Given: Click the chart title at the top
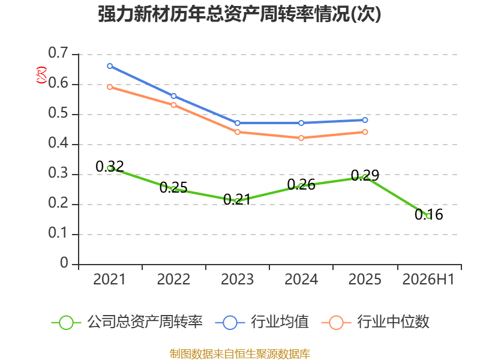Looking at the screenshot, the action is click(x=239, y=14).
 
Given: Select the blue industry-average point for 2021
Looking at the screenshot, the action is click(x=110, y=66).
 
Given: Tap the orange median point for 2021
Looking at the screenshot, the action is click(x=110, y=87).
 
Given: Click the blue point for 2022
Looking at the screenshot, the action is click(x=173, y=96).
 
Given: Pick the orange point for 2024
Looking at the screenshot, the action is click(x=301, y=138).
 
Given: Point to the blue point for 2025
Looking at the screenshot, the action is click(x=365, y=120).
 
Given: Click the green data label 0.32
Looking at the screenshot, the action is click(x=110, y=167).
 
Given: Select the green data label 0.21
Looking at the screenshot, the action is click(x=237, y=200).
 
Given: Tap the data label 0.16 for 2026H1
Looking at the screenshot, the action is click(x=429, y=214).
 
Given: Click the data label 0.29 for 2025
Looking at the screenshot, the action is click(x=365, y=175).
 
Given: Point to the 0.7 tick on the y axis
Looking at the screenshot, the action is click(x=58, y=53).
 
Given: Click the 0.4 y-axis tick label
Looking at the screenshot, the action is click(x=58, y=143).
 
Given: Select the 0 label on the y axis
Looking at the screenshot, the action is click(x=64, y=263).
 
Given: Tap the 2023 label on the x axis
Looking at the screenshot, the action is click(x=237, y=280).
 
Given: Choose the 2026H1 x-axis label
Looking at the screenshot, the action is click(x=428, y=280).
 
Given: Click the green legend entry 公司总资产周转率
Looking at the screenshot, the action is click(x=127, y=322).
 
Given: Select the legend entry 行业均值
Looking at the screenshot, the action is click(x=262, y=322).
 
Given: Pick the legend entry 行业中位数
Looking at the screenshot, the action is click(x=376, y=322).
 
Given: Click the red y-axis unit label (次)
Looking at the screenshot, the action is click(x=41, y=74).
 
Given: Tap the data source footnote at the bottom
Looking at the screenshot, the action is click(x=240, y=354).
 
